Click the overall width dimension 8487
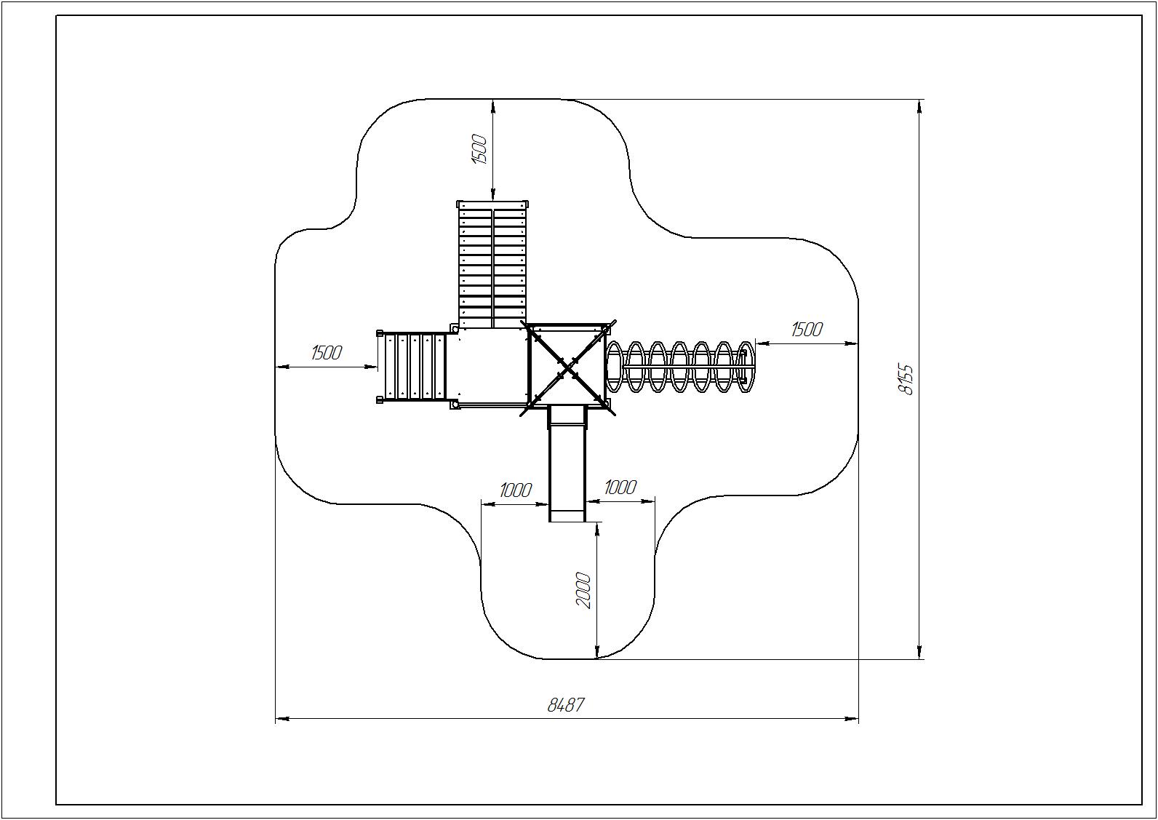566,705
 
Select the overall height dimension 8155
906,380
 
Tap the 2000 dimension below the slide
583,590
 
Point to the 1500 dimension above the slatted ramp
479,149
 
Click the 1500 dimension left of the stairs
327,353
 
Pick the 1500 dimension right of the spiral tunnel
807,329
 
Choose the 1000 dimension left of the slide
516,490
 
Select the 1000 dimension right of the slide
620,487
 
